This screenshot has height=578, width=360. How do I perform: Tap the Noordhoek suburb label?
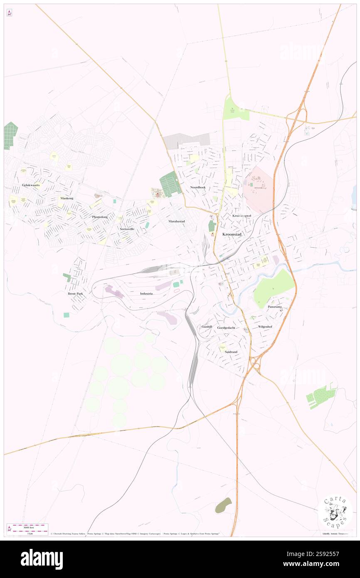198,188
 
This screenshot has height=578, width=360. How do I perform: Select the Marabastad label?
177,221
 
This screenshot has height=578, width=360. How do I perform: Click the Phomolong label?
100,217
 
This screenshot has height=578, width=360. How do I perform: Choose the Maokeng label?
67,198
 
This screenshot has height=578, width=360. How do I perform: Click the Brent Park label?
76,294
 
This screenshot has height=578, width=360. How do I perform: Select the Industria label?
146,294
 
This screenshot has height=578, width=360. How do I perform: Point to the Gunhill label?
207,327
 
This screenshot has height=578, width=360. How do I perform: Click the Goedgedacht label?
226,328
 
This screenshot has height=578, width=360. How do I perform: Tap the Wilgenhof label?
265,327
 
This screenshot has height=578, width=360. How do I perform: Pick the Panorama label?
275,307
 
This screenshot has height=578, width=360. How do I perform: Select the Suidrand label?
231,352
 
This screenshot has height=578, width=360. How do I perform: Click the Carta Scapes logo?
335,512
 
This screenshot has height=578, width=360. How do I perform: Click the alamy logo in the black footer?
42,559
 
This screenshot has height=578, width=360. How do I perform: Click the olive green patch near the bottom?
223,505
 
